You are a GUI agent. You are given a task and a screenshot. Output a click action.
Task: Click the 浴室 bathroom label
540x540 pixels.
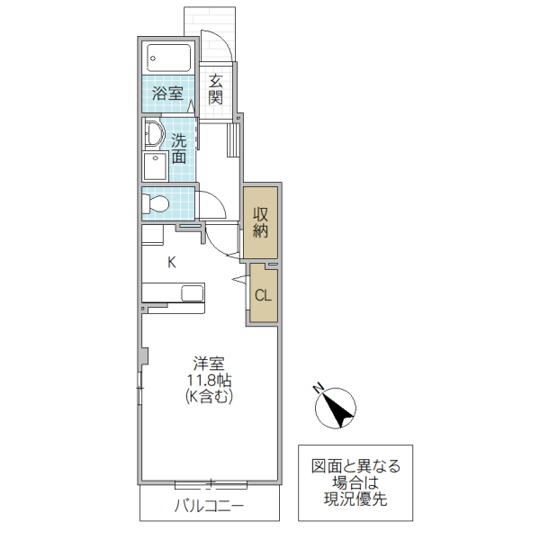[167, 92]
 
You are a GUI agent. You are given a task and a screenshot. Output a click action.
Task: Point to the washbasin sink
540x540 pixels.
[150, 136]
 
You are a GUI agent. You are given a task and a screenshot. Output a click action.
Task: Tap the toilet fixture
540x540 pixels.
[155, 203]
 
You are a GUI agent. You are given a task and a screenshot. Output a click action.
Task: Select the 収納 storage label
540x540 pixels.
[261, 221]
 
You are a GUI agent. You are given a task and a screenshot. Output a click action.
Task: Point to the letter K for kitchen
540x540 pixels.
[171, 262]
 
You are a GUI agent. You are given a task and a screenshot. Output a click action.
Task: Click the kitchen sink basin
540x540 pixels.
[193, 293]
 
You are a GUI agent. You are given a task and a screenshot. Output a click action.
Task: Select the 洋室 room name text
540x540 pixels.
[209, 364]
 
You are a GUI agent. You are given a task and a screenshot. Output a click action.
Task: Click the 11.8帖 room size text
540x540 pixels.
[209, 380]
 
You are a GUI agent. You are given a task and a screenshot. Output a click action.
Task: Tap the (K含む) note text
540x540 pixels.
[209, 396]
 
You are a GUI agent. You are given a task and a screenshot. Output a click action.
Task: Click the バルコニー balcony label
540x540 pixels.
[209, 507]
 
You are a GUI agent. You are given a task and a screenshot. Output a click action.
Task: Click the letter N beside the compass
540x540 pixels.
[318, 388]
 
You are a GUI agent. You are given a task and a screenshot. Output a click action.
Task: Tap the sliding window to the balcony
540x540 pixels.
[209, 483]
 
